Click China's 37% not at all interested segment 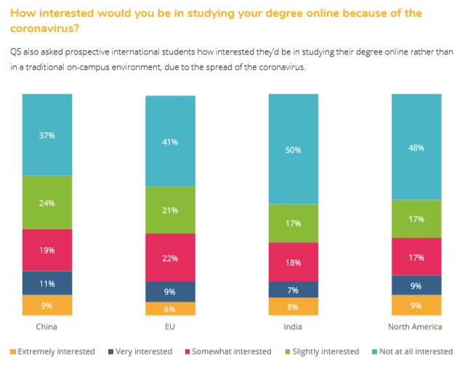[47, 135]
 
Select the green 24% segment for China [47, 203]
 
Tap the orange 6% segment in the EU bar [170, 308]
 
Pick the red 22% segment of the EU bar [170, 257]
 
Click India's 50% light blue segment [294, 150]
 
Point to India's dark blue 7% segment [294, 289]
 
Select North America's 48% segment [416, 147]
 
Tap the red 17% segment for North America [416, 257]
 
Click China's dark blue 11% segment [47, 283]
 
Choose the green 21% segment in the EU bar [170, 210]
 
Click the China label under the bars [46, 327]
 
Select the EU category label [170, 327]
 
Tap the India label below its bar [293, 327]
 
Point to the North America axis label [416, 327]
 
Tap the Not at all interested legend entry [415, 352]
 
